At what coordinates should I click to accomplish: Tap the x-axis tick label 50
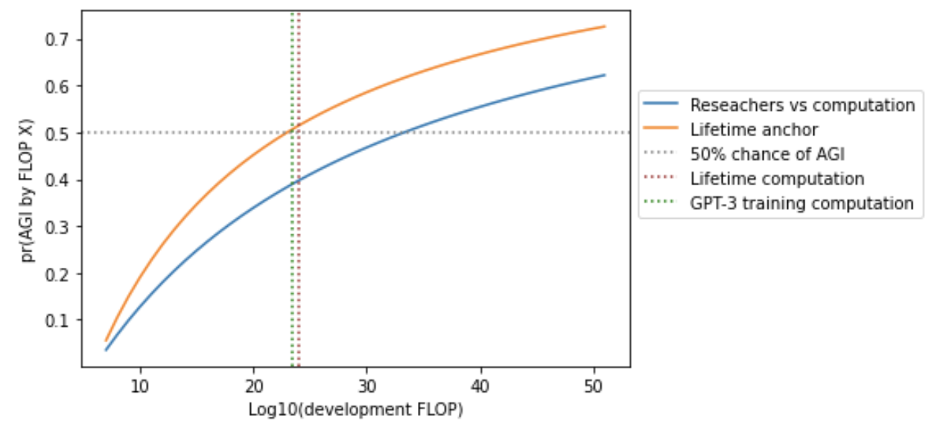coord(594,385)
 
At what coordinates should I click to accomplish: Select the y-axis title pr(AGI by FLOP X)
coord(28,189)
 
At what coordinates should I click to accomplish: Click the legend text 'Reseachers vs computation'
coord(802,105)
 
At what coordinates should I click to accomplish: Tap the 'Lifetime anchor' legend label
coord(754,129)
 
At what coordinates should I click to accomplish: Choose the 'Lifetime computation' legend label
coord(777,179)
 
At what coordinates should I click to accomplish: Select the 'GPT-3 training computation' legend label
coord(801,203)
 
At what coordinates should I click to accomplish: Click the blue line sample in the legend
coord(664,105)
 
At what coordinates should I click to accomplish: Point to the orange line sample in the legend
coord(664,129)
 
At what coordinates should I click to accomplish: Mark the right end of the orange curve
coord(605,27)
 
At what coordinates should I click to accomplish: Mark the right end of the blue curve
coord(605,74)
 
